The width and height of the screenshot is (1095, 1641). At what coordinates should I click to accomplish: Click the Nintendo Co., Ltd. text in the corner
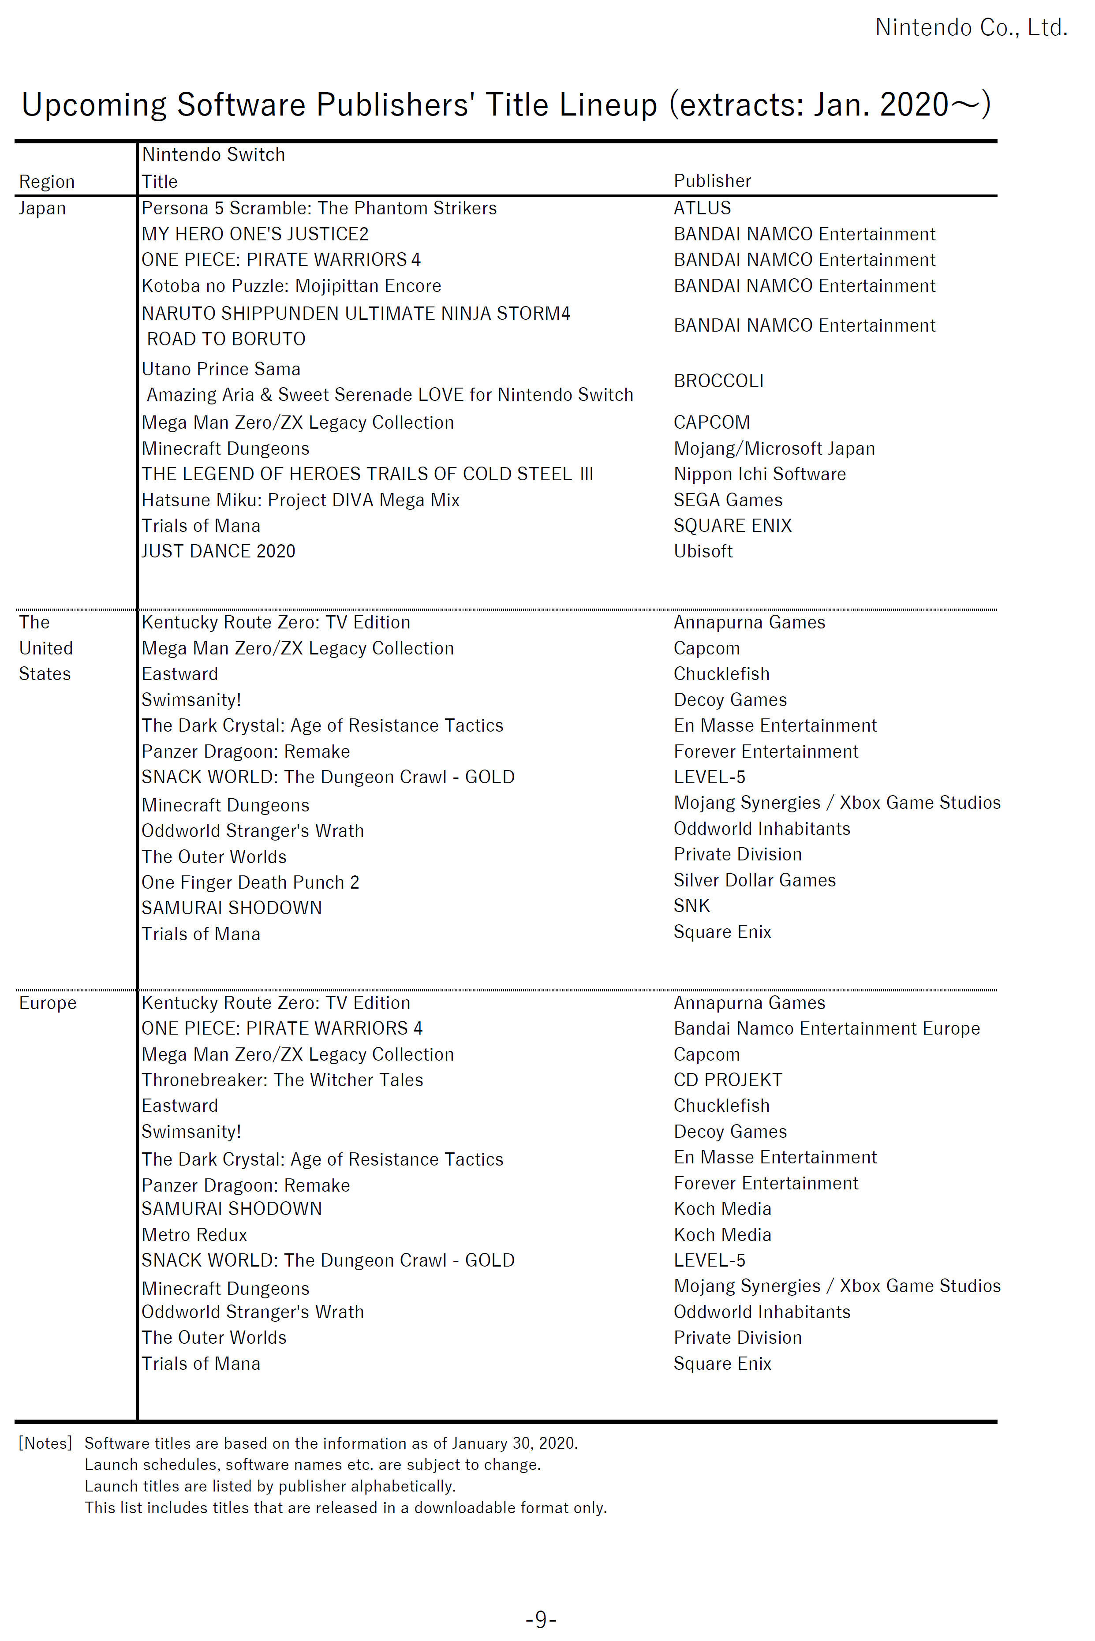(x=971, y=27)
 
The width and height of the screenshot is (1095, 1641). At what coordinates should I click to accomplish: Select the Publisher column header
(x=712, y=181)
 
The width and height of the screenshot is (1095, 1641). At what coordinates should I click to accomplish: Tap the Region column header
(x=46, y=182)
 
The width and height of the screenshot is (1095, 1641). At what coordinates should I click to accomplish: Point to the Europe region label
(x=48, y=1003)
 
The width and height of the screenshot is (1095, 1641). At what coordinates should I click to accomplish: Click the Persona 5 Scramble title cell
(x=318, y=208)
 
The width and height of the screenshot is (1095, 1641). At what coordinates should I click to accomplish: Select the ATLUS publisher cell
(x=702, y=208)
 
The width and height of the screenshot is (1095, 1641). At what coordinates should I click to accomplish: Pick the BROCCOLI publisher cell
(x=718, y=381)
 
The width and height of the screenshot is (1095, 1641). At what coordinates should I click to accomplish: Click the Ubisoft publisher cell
(x=703, y=552)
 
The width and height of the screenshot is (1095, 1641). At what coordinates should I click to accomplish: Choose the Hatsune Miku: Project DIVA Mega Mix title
(x=300, y=500)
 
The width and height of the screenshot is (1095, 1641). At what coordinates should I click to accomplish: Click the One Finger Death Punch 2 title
(x=250, y=882)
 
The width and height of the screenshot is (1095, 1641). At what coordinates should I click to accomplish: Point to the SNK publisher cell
(x=691, y=906)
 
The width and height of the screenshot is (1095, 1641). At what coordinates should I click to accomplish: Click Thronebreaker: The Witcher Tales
(x=282, y=1080)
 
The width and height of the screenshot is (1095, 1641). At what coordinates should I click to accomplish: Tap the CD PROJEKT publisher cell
(x=728, y=1080)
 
